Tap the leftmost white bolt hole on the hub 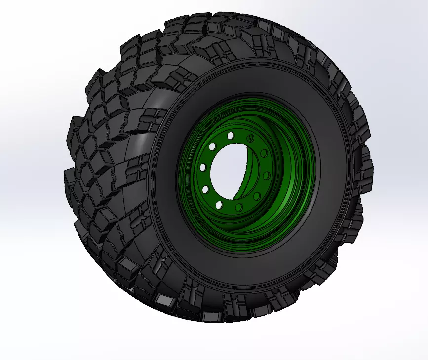(x=202, y=168)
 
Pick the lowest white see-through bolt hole (x=219, y=204)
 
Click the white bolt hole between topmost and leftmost (x=212, y=146)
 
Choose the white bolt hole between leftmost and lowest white (x=205, y=189)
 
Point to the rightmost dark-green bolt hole (x=267, y=176)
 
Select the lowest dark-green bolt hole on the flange (x=239, y=208)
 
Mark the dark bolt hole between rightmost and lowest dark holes (x=257, y=196)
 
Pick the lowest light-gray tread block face (x=163, y=300)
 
